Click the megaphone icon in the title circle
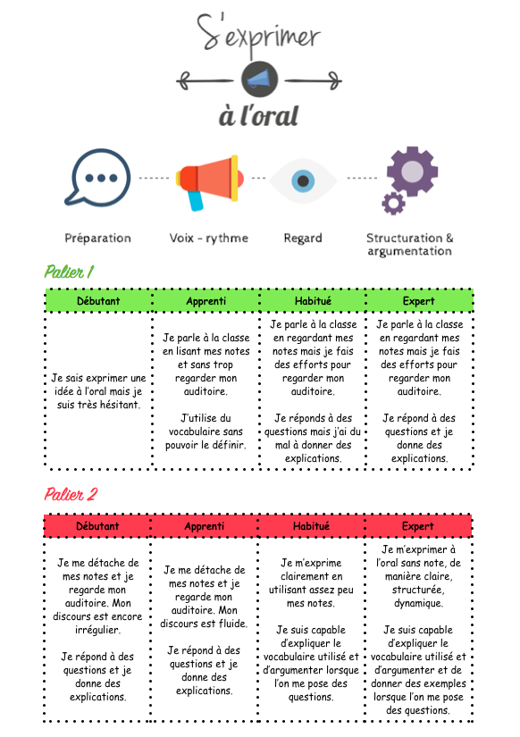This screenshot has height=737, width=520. coord(259,79)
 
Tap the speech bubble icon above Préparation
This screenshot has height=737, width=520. coord(97,178)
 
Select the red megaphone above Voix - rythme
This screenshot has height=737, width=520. coord(210,182)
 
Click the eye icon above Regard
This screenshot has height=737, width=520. coord(303,181)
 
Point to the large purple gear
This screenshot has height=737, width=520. coord(412,172)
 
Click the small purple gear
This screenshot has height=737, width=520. coord(393,203)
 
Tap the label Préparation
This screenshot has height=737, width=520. coord(97,239)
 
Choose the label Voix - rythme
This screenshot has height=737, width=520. coord(209,239)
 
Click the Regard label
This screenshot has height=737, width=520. coord(303,239)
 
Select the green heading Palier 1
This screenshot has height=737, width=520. coord(69,272)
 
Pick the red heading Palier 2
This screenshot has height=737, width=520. coord(71,494)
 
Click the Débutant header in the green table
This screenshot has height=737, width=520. coord(98,301)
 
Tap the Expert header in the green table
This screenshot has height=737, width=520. coord(418,301)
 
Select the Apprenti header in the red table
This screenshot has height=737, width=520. coord(205,526)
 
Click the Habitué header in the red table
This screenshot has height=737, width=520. coord(311,526)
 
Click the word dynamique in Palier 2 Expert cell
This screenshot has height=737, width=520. coord(418,603)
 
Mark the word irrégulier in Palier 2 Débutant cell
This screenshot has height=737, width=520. coord(97,630)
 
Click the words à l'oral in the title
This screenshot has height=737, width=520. coord(258,115)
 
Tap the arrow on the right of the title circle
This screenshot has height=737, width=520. coord(313,80)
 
